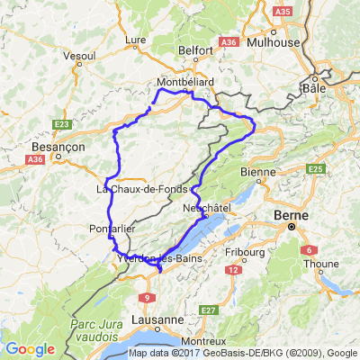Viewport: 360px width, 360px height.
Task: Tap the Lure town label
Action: [136, 40]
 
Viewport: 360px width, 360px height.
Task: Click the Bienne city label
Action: [259, 171]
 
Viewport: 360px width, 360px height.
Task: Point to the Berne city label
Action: [293, 217]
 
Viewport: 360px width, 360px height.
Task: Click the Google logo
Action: [30, 348]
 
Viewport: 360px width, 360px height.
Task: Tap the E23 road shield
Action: [62, 124]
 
